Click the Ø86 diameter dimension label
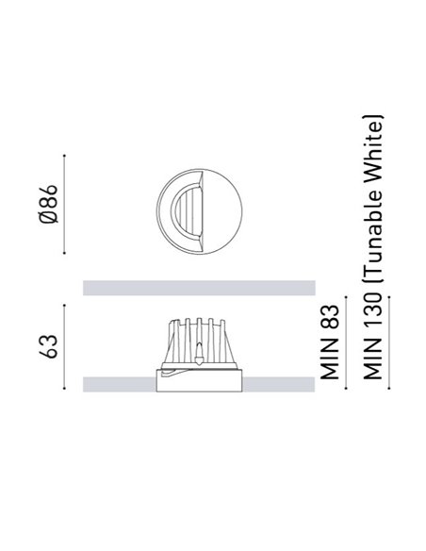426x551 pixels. point(48,204)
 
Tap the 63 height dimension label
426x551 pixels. point(48,346)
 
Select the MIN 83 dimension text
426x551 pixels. point(330,342)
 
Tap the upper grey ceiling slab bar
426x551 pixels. point(199,288)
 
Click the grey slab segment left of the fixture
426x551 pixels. point(120,384)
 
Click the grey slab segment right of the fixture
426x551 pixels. point(279,384)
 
